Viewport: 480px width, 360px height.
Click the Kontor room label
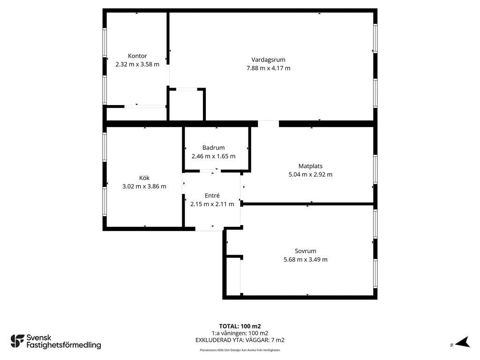point(137,56)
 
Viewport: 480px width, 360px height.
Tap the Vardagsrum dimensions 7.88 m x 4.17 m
point(269,68)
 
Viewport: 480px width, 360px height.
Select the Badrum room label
point(213,148)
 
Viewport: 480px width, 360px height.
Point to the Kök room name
point(144,178)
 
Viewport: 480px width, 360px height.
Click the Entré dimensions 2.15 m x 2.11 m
point(212,204)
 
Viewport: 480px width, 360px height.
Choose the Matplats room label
point(310,166)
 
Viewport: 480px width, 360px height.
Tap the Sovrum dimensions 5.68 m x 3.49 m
point(306,260)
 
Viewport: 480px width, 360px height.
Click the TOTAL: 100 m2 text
point(240,326)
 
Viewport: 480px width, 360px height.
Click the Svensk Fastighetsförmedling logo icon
point(17,341)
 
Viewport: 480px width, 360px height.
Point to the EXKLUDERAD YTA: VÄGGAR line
point(240,340)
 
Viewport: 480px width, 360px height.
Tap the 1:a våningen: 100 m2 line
point(240,333)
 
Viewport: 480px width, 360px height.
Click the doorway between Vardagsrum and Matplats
point(269,124)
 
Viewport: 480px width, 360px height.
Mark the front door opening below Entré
point(210,229)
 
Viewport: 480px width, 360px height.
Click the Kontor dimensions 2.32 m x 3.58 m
point(137,65)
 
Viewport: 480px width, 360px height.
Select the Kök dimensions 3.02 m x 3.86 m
point(144,187)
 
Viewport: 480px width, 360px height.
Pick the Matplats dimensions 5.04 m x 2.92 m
point(310,175)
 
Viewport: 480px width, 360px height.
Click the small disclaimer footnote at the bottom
point(240,350)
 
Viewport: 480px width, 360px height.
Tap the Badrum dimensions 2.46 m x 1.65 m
point(213,157)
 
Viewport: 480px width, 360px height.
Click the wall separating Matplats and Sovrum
point(307,204)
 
